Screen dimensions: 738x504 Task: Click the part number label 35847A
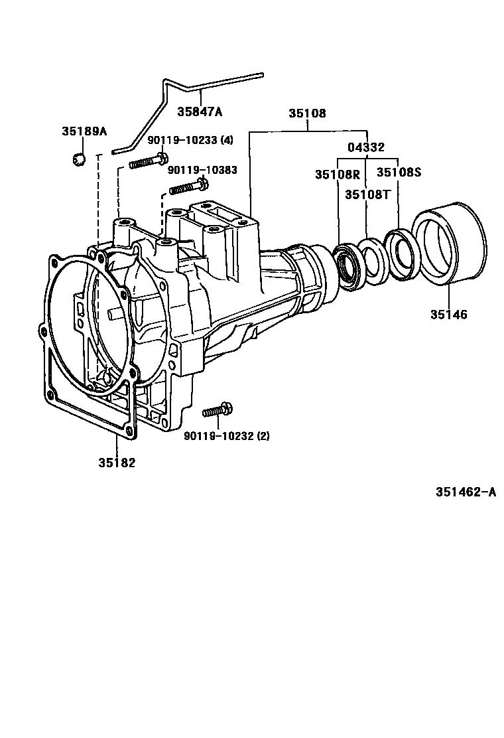click(x=200, y=111)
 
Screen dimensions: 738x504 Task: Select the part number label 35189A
click(x=84, y=131)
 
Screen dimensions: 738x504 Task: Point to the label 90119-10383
click(x=202, y=170)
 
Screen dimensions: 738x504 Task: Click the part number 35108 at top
click(x=307, y=113)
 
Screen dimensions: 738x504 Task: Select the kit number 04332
click(x=366, y=147)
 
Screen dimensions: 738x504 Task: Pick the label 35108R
click(x=337, y=175)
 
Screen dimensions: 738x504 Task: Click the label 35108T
click(x=367, y=194)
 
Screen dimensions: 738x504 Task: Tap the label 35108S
click(x=399, y=172)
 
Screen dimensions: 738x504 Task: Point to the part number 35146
click(x=448, y=315)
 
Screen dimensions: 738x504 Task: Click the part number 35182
click(x=117, y=463)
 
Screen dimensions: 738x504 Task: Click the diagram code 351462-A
click(x=466, y=492)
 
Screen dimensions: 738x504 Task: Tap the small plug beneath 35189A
click(x=77, y=159)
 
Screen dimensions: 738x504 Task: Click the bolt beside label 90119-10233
click(x=149, y=161)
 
